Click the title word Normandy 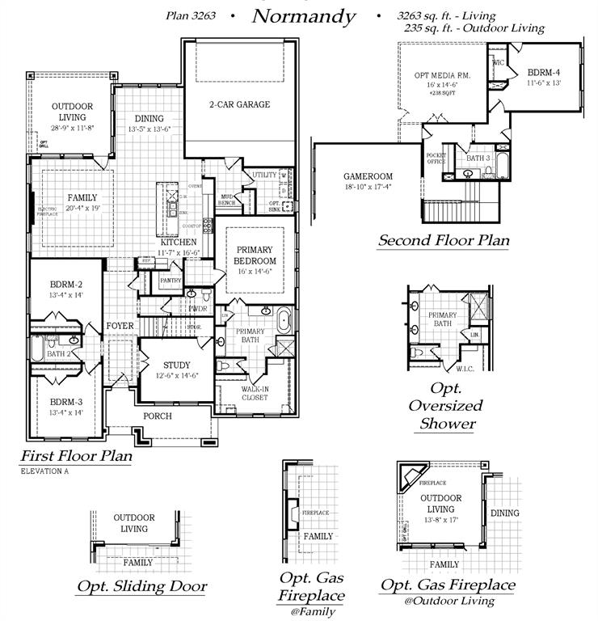click(303, 15)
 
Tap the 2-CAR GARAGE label click(239, 104)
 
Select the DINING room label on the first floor click(149, 118)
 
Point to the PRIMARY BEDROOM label click(255, 256)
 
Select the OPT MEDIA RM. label click(442, 75)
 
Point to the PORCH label click(158, 416)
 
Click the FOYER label click(120, 326)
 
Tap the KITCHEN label click(178, 243)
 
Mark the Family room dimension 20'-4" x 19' click(71, 209)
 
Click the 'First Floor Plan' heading click(76, 455)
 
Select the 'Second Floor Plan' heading click(443, 240)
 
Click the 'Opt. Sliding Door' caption click(141, 586)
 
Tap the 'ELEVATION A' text click(44, 471)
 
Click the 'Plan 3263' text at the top click(191, 15)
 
